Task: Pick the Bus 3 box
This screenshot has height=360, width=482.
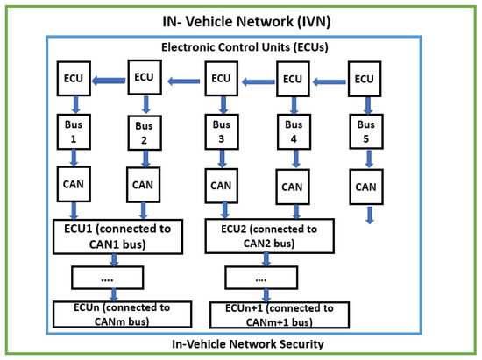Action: [221, 131]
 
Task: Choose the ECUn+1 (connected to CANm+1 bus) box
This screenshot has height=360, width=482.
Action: [280, 314]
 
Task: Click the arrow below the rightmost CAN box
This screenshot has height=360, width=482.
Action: [368, 215]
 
